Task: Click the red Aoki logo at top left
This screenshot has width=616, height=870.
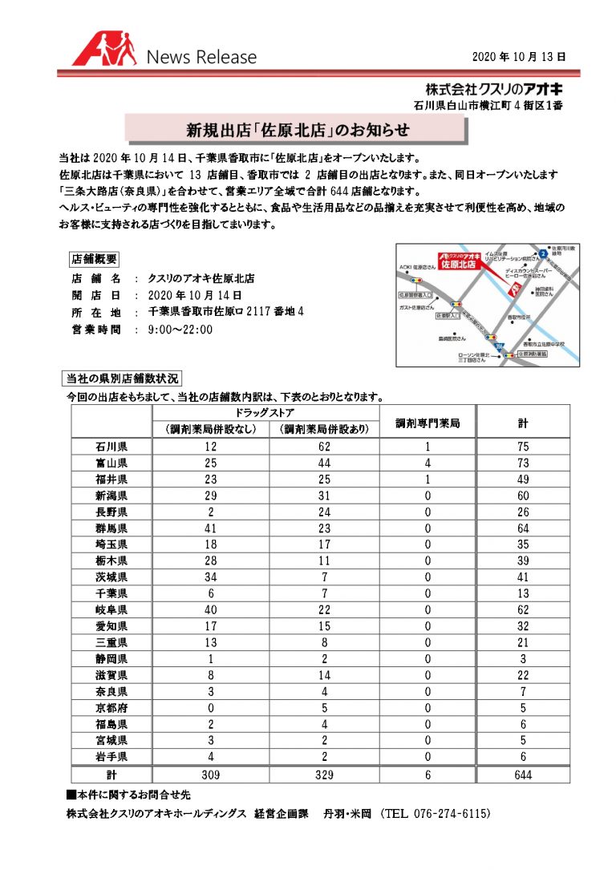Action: tap(104, 50)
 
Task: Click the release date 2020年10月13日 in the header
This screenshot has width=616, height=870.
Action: tap(519, 57)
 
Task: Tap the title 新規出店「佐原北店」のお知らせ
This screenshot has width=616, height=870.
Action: tap(298, 128)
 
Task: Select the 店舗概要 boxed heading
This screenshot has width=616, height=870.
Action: tap(95, 259)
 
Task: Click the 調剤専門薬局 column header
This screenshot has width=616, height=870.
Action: tap(428, 423)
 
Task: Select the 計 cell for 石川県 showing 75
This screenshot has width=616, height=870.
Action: tap(522, 446)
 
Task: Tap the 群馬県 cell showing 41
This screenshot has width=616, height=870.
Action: tap(210, 528)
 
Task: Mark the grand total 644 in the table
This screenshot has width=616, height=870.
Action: tap(522, 775)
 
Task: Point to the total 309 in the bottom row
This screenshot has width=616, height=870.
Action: tap(210, 775)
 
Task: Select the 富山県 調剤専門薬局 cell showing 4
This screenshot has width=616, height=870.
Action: tap(428, 463)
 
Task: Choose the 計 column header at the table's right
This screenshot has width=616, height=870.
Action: tap(522, 423)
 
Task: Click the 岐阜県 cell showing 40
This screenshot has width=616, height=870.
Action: tap(210, 610)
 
